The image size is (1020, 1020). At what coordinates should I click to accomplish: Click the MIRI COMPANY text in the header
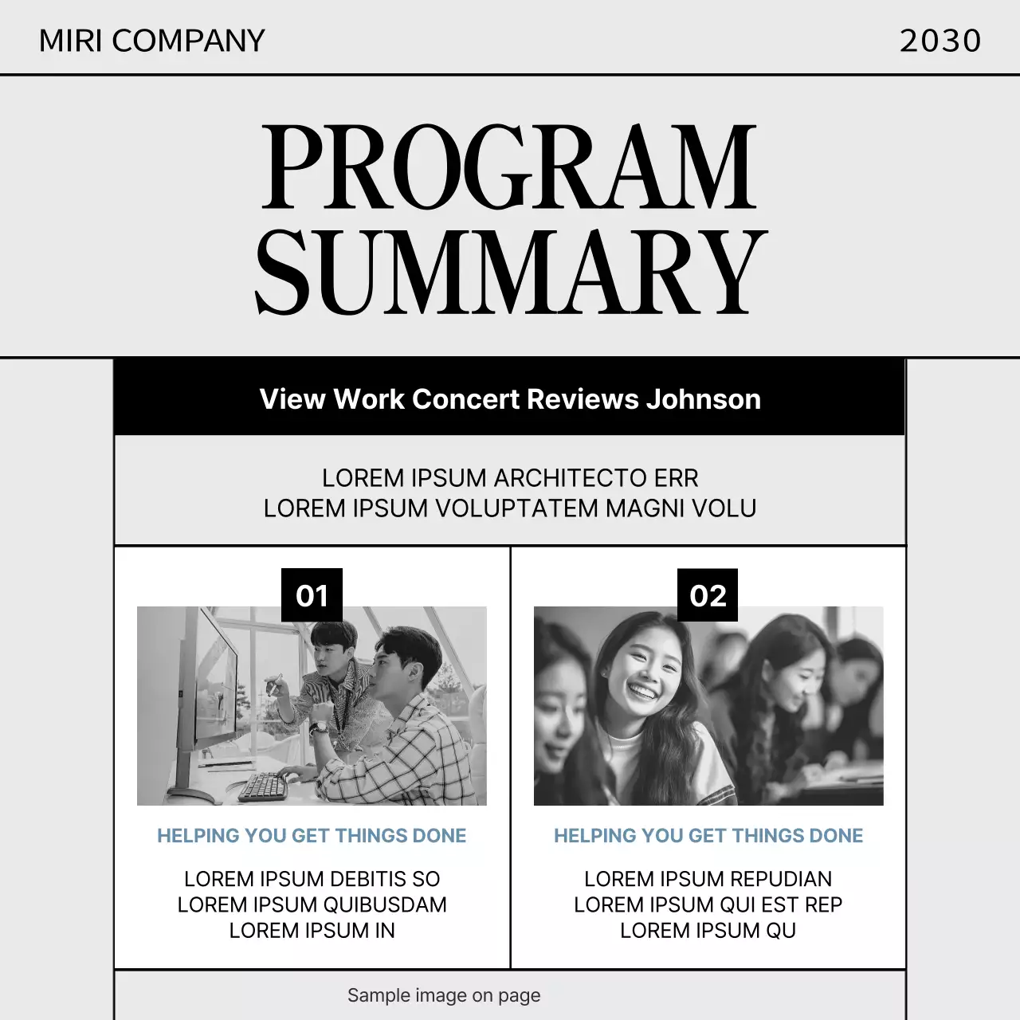tap(151, 41)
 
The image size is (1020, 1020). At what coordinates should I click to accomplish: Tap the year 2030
tap(940, 41)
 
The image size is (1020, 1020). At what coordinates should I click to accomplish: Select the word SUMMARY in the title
tap(510, 273)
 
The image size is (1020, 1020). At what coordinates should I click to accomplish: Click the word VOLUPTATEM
tap(516, 508)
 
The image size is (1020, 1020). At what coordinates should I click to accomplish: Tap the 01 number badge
tap(312, 595)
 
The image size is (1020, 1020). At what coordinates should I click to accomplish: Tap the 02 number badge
tap(708, 595)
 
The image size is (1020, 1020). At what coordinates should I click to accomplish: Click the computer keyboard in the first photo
tap(263, 786)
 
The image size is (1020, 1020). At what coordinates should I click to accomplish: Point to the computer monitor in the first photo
tap(207, 685)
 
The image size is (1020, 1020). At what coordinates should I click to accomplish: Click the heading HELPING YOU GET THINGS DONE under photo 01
tap(312, 836)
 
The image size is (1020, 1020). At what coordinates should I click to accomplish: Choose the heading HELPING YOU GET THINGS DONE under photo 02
tap(708, 836)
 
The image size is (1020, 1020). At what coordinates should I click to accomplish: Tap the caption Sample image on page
tap(444, 995)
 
